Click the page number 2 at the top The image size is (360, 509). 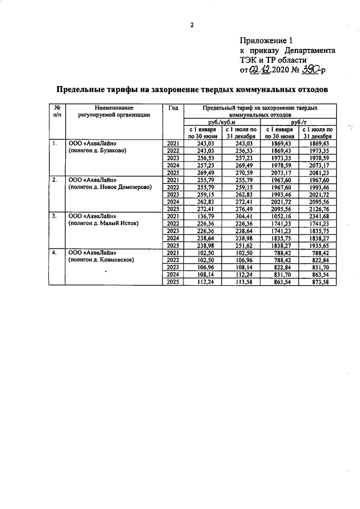point(191,25)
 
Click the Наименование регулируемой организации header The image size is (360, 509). point(114,110)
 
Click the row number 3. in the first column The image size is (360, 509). point(55,216)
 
